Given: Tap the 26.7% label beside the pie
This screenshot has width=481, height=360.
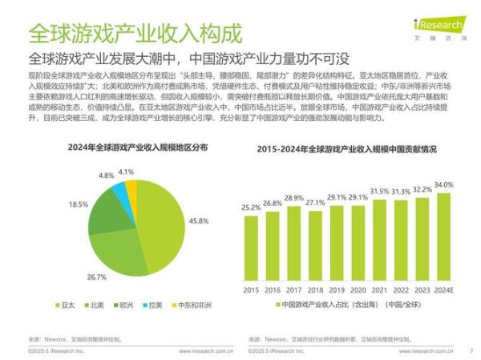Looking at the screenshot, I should click(97, 277).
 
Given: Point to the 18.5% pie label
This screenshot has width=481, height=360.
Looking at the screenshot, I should click(79, 204).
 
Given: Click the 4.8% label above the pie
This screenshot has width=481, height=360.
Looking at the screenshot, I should click(107, 175).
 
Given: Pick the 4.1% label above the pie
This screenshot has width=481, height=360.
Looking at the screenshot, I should click(125, 172).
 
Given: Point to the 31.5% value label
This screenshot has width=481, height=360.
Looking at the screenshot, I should click(379, 191).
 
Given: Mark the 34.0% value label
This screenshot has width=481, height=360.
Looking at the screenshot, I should click(443, 184).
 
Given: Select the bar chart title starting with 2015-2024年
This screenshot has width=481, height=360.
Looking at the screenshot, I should click(347, 149).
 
